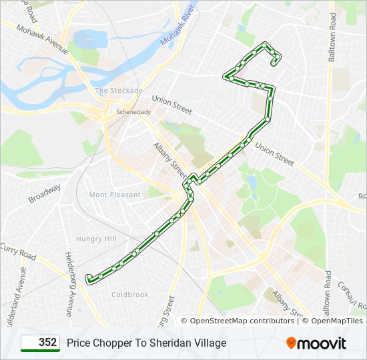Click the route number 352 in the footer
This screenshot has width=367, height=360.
[x=47, y=342]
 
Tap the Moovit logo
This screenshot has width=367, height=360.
[x=316, y=343]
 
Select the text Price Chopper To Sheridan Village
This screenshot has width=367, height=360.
[x=146, y=343]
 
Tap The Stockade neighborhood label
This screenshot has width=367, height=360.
[x=119, y=90]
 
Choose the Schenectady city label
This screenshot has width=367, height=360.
[x=133, y=112]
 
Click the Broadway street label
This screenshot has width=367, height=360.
[x=44, y=193]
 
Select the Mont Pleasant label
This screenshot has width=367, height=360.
[x=115, y=195]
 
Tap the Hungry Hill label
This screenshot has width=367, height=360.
[x=96, y=239]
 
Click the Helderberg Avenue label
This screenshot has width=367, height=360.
[x=69, y=283]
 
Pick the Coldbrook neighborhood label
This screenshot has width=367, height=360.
[x=130, y=294]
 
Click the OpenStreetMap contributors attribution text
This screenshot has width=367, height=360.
[x=242, y=321]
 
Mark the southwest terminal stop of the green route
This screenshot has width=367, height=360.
[x=89, y=277]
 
